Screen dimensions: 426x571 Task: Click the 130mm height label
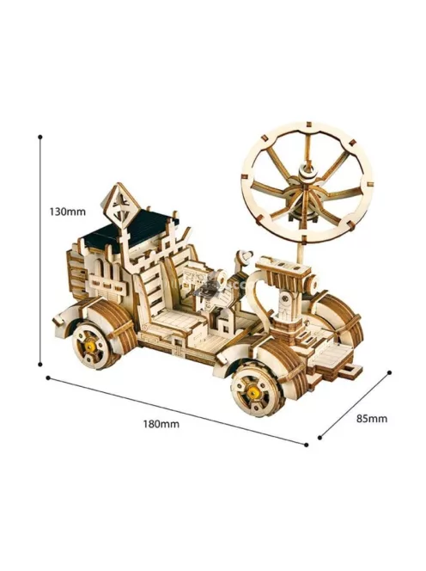point(67,212)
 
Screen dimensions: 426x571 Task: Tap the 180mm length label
point(161,424)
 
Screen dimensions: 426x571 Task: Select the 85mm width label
point(371,419)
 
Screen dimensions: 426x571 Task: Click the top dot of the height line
point(40,137)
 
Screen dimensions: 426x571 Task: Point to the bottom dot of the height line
point(40,364)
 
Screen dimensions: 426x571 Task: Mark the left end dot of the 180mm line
point(47,378)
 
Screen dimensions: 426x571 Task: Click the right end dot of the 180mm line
point(307,445)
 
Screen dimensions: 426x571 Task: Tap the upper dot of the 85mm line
point(390,372)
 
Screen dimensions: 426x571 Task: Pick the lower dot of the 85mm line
point(319,438)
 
